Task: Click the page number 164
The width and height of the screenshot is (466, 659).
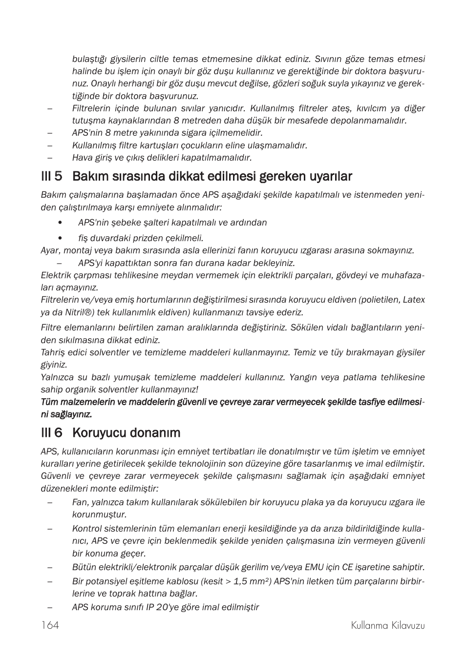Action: click(50, 625)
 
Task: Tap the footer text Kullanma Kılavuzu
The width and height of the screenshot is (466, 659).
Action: click(387, 625)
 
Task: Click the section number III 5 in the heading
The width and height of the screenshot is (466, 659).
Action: click(51, 176)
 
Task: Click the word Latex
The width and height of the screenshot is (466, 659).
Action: click(414, 300)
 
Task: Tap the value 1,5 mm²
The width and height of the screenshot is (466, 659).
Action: click(252, 581)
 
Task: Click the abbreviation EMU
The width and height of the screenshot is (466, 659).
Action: click(314, 567)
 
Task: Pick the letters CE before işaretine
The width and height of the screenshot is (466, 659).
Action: click(347, 567)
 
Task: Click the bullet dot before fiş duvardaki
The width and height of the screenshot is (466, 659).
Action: click(60, 238)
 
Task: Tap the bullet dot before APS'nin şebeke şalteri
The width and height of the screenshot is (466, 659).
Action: click(60, 223)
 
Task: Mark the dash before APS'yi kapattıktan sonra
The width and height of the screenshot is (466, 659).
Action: click(59, 263)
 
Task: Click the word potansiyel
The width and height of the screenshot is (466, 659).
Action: click(107, 581)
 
